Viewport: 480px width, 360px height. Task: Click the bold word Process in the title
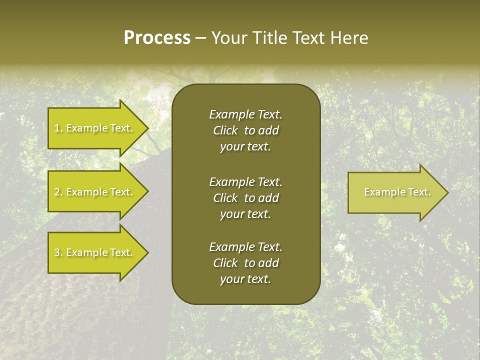point(157,38)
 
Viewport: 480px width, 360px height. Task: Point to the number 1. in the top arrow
point(58,128)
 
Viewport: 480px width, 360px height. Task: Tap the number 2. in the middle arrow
point(58,192)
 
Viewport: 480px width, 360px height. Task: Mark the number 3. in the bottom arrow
point(58,252)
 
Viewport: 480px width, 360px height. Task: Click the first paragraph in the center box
point(245,130)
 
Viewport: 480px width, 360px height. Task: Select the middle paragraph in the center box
point(245,198)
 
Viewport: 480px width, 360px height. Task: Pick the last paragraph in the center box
point(245,263)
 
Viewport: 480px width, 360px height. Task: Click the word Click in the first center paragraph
point(225,130)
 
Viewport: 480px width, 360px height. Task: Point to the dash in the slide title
point(201,38)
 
